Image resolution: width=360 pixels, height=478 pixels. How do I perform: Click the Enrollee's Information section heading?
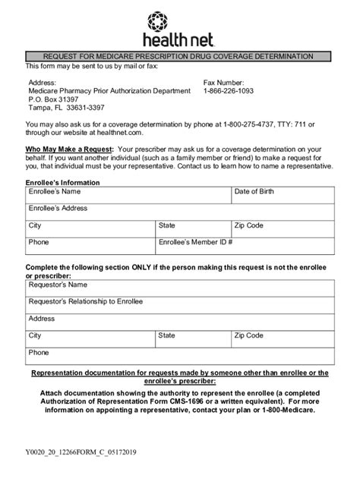(x=63, y=183)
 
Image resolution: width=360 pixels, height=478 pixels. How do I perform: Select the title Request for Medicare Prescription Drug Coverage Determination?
(x=179, y=56)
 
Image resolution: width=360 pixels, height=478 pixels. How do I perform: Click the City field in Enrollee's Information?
(x=90, y=230)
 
